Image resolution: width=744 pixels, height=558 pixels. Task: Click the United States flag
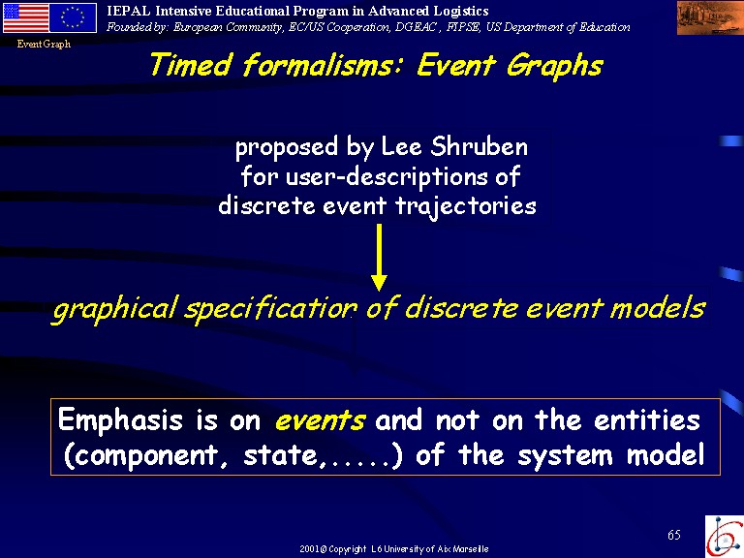[x=26, y=18]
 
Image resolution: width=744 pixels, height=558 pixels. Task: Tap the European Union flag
[x=73, y=18]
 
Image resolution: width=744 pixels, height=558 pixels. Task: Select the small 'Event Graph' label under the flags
[x=44, y=45]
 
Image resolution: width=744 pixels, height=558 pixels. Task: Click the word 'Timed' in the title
[x=191, y=65]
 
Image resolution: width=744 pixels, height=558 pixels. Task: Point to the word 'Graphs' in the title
[x=554, y=66]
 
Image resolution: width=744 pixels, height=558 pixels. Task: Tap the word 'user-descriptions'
[x=387, y=177]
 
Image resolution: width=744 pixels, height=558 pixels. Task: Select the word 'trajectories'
[x=465, y=207]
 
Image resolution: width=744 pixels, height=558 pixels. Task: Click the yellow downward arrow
[x=379, y=258]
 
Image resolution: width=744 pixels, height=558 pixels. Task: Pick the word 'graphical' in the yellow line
[x=115, y=309]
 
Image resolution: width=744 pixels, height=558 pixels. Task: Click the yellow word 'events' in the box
[x=320, y=420]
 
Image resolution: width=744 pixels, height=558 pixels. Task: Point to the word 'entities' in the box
[x=647, y=419]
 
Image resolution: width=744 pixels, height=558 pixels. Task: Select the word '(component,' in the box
[x=146, y=456]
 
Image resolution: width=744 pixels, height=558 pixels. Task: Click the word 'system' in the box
[x=565, y=456]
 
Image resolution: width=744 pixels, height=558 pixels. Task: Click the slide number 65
[x=674, y=535]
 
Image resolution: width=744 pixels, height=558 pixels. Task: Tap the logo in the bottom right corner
[x=724, y=536]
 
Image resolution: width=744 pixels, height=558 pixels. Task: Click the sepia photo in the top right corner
[x=709, y=18]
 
